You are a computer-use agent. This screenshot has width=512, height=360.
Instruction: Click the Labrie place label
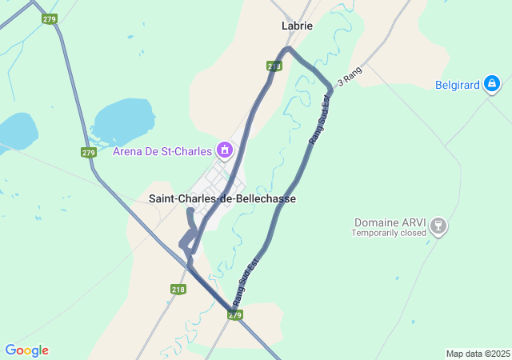pos(297,26)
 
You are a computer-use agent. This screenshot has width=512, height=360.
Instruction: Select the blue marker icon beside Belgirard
pos(492,82)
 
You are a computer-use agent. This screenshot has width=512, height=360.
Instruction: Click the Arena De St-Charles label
pos(162,151)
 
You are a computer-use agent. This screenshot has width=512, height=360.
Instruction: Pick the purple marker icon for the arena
pos(226,150)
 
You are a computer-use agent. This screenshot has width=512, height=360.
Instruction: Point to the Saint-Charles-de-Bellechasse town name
pos(222,198)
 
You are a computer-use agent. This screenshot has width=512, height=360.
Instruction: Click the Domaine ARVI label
pos(390,222)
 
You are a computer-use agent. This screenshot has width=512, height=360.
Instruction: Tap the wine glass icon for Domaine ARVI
pos(437,226)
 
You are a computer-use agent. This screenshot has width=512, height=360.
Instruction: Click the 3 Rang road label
pos(350,77)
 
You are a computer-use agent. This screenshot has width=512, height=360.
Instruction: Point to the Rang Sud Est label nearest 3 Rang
pos(319,120)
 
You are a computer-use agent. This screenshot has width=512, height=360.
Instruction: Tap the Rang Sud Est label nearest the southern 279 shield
pos(246,282)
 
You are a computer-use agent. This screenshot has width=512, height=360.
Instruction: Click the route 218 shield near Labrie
pos(274,66)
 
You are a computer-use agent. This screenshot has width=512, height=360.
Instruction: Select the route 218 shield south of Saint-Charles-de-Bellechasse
pos(178,290)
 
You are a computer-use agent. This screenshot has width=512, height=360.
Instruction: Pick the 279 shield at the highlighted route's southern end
pos(234,315)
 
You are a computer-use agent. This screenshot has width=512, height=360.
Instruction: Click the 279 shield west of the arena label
pos(89,152)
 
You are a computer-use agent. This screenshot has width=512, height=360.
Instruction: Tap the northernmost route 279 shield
pos(50,18)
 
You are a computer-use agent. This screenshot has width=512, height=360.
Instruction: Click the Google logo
pos(26,350)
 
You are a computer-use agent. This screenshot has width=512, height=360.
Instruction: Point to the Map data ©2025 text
pos(478,354)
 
